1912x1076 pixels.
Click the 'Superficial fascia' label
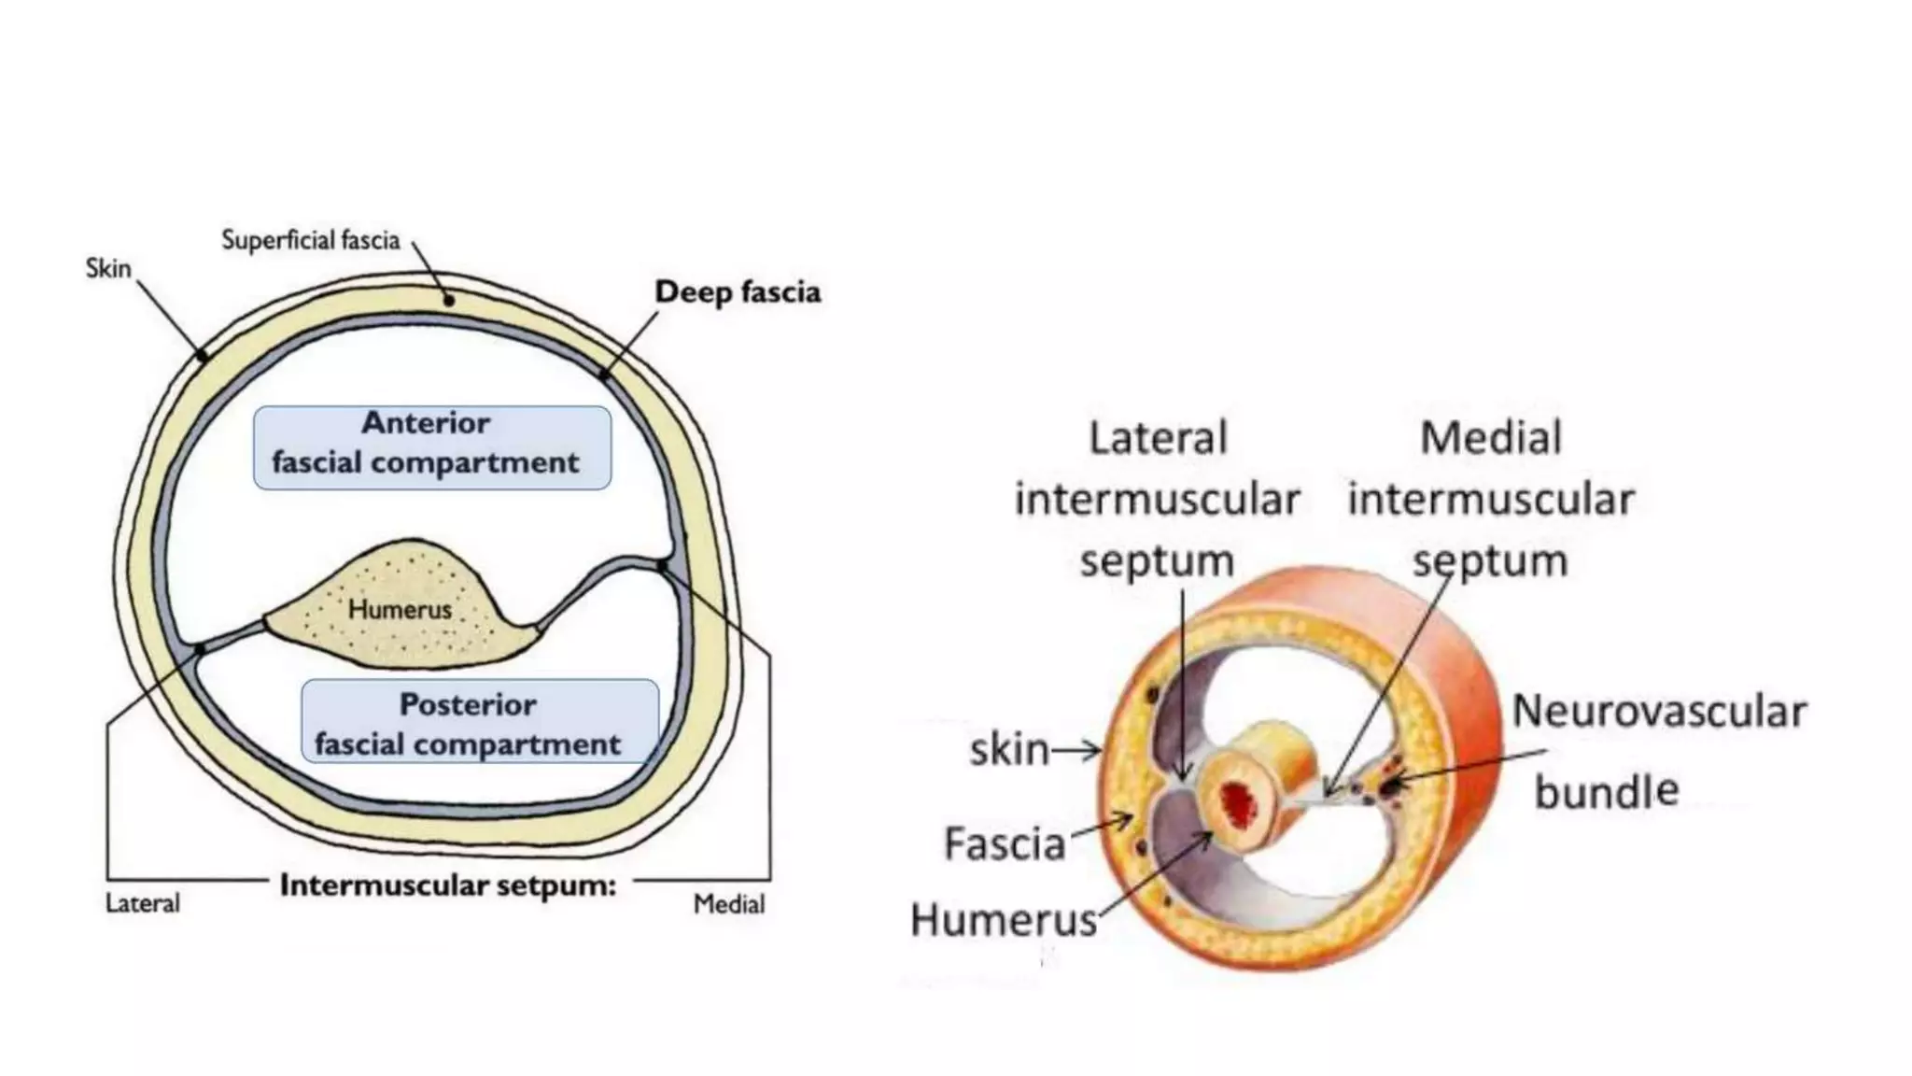(310, 241)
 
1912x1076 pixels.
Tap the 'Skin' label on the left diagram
(108, 269)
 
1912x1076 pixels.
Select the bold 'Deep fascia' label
(737, 292)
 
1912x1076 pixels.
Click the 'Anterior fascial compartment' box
(431, 447)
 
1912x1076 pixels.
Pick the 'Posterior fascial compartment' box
(479, 721)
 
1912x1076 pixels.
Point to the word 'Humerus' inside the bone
(400, 610)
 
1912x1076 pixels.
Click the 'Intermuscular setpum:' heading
(448, 885)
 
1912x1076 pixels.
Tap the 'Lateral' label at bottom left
(142, 903)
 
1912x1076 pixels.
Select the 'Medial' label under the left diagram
(728, 904)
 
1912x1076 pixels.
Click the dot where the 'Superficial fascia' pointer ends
(449, 301)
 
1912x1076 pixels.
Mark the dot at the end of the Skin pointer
(202, 355)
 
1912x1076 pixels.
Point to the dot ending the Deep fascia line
(604, 375)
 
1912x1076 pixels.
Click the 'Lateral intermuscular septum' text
(1157, 500)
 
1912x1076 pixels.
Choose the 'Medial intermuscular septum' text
(1490, 500)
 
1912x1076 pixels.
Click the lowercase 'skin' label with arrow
(1009, 749)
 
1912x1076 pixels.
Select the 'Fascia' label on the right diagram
(1005, 844)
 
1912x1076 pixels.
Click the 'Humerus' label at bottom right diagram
(1004, 920)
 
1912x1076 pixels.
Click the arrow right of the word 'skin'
(1077, 749)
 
